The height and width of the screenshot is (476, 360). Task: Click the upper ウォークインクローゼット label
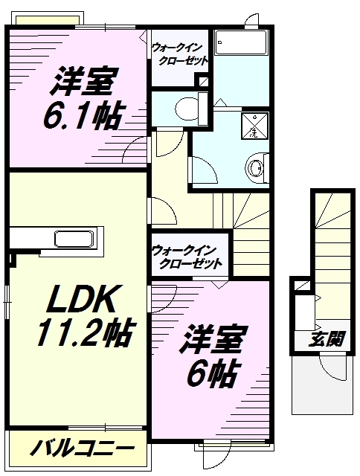pyautogui.click(x=179, y=54)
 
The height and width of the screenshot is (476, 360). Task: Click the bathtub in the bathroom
pyautogui.click(x=241, y=43)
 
